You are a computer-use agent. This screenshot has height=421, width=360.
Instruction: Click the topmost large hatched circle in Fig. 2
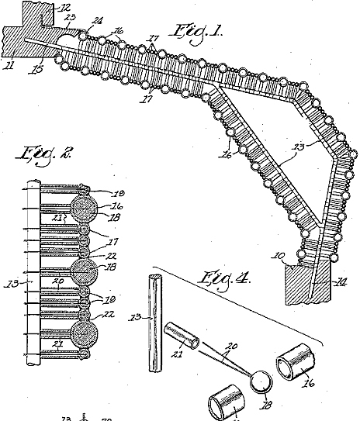click(82, 208)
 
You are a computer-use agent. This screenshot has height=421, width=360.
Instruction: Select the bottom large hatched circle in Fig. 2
click(83, 336)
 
